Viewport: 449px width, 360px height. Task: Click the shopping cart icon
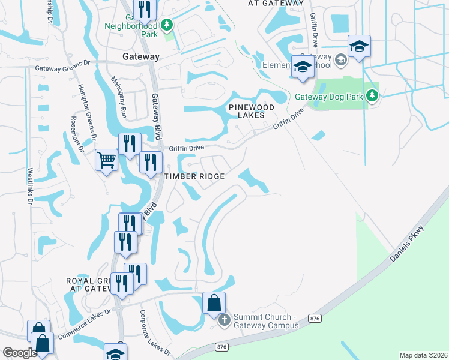[106, 160]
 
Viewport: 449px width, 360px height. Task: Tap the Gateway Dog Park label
[330, 97]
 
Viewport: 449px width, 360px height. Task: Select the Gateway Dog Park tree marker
[373, 95]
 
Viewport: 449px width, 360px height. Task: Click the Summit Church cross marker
[224, 320]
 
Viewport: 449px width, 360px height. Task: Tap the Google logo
[20, 353]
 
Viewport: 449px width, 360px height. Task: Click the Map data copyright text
[424, 355]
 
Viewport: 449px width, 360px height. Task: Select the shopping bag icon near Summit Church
[214, 303]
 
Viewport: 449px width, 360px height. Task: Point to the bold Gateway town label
[141, 56]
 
